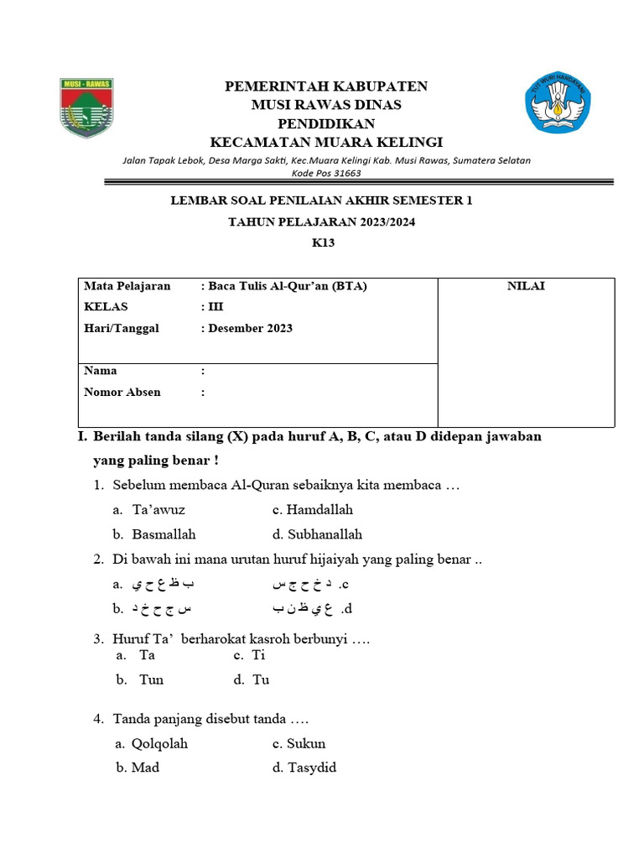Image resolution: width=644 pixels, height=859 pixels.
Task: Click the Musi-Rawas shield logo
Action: click(x=86, y=107)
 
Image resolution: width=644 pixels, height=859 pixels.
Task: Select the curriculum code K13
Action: click(x=322, y=243)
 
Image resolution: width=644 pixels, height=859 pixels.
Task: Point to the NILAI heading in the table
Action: click(x=526, y=286)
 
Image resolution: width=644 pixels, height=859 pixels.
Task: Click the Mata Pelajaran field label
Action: click(x=127, y=286)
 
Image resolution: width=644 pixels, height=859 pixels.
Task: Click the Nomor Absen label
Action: click(x=122, y=392)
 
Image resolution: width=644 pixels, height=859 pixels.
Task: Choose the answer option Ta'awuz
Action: click(x=158, y=509)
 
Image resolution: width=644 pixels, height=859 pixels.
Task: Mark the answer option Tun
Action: click(x=152, y=679)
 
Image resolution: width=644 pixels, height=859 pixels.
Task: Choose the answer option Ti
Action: click(x=258, y=655)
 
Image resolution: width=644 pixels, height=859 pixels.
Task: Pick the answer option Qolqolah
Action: click(x=160, y=743)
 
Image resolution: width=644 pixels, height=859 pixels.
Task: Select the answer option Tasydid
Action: click(x=312, y=768)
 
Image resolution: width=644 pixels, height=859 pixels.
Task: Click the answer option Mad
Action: click(x=145, y=768)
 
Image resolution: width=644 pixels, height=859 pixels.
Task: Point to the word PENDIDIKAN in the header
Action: click(x=325, y=123)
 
